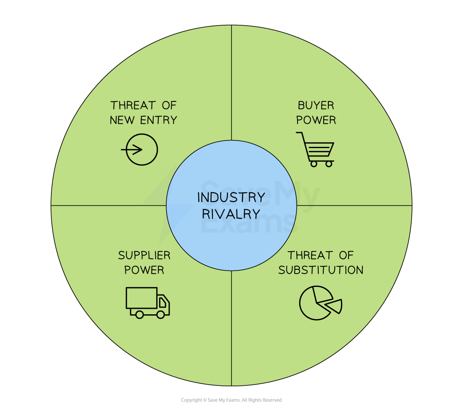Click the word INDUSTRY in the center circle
tap(231, 197)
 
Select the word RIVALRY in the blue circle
tap(231, 214)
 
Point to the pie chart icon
tap(320, 303)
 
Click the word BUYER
tap(316, 105)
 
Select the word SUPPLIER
tap(144, 255)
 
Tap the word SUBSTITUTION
tap(321, 270)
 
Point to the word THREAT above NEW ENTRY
tap(131, 105)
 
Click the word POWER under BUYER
tap(316, 120)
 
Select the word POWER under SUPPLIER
tap(144, 270)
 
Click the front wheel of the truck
tap(160, 314)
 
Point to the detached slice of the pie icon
tap(333, 306)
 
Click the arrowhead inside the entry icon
tap(140, 149)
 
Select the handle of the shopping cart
tap(299, 133)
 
